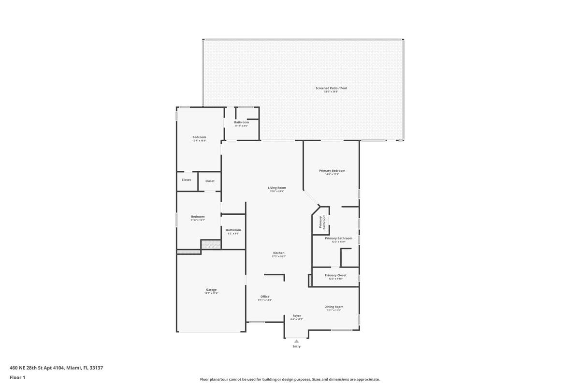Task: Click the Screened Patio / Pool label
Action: click(x=331, y=88)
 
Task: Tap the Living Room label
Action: click(x=277, y=188)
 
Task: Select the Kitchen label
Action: click(x=279, y=253)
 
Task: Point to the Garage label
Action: click(x=211, y=290)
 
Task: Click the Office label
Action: click(x=265, y=297)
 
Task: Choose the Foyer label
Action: click(x=297, y=316)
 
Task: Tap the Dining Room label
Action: click(x=334, y=307)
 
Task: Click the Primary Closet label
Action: click(x=335, y=275)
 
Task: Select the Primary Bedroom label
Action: click(x=332, y=171)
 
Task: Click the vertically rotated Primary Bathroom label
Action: click(x=322, y=222)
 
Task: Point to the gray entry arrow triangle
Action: click(x=296, y=341)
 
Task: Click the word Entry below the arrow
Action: click(x=296, y=346)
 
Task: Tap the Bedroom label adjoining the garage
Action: click(x=198, y=217)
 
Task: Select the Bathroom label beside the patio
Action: click(x=242, y=122)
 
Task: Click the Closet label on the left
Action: click(x=187, y=180)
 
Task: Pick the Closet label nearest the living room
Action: click(x=210, y=181)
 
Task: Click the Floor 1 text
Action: click(x=17, y=377)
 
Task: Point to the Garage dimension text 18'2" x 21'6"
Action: click(x=211, y=294)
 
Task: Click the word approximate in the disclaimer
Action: click(x=368, y=379)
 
